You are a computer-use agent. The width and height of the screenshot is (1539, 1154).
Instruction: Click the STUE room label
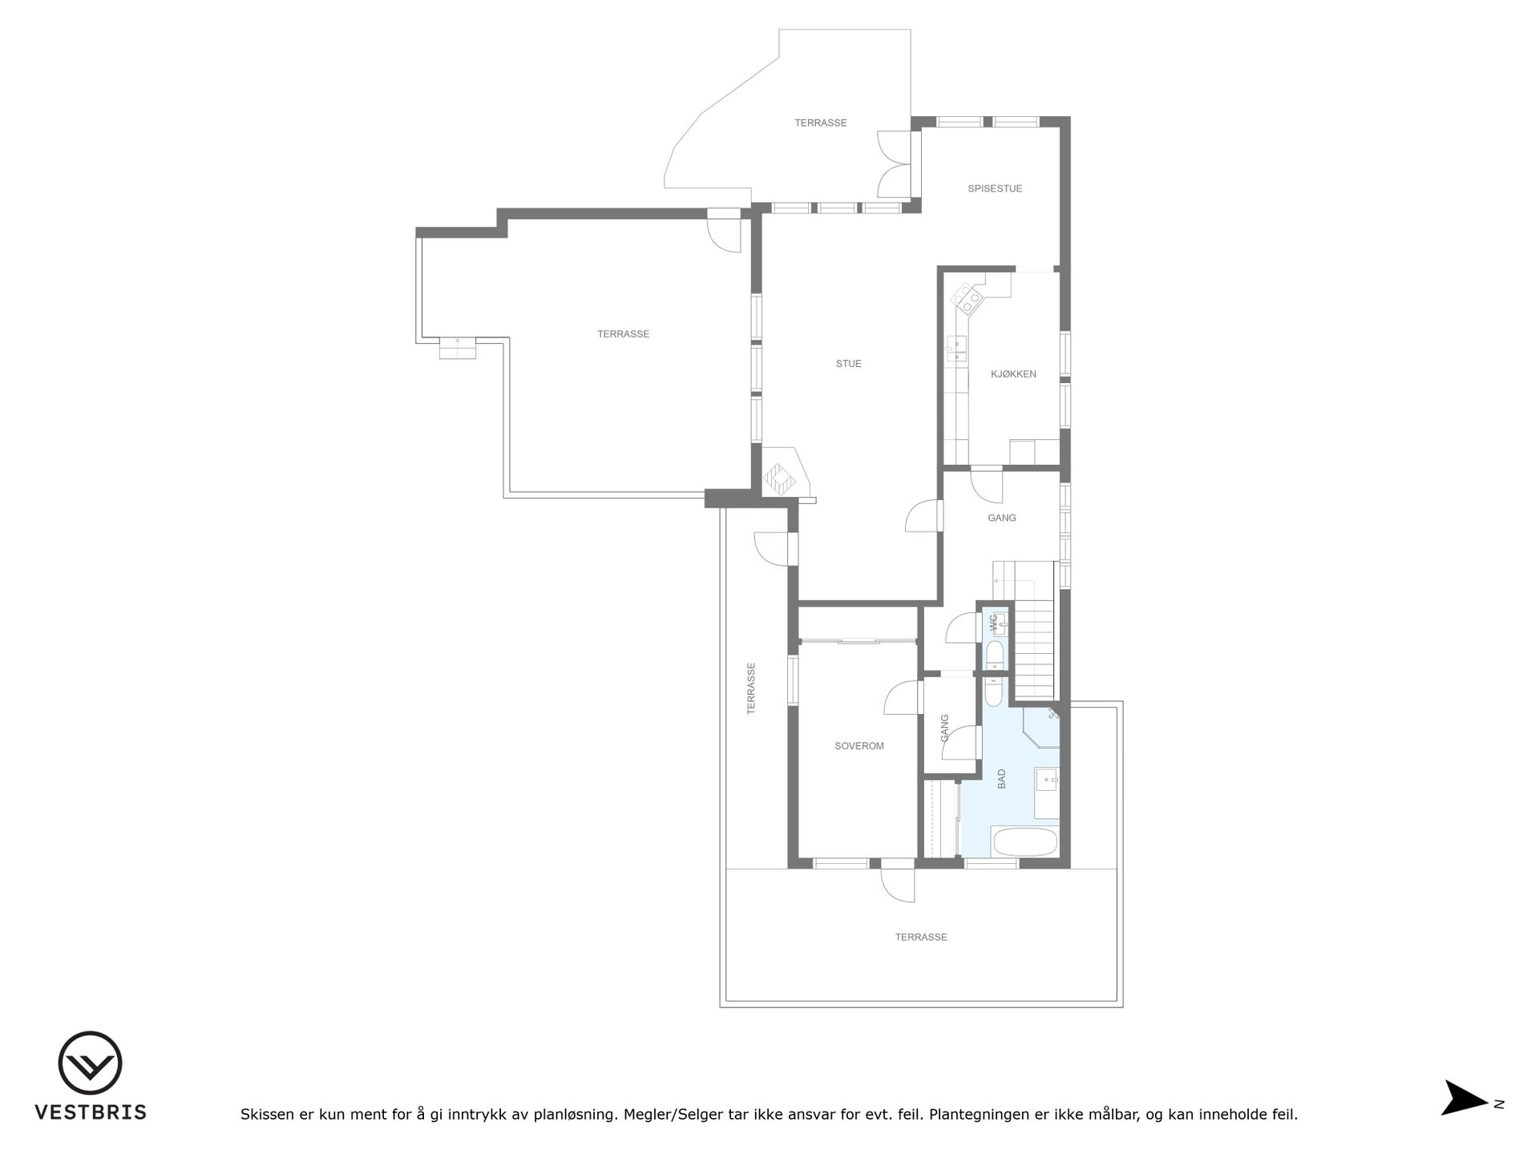pos(848,364)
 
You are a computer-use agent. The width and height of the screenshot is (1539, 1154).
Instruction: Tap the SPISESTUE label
pos(995,189)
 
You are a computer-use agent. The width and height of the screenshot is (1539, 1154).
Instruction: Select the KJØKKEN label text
pos(1013,374)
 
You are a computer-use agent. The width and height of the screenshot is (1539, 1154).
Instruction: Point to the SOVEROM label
pos(859,746)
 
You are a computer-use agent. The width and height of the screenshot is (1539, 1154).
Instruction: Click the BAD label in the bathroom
pos(1001,779)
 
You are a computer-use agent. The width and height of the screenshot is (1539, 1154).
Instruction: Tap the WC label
pos(993,621)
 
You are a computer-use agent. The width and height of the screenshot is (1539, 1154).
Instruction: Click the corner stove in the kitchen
pos(967,299)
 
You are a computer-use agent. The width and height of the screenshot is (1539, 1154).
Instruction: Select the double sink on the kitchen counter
pos(956,349)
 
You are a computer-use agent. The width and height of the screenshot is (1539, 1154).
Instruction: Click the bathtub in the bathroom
pos(1025,843)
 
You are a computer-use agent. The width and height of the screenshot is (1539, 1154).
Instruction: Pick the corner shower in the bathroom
pos(1042,726)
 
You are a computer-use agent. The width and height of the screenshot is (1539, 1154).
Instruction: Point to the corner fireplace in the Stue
pos(778,479)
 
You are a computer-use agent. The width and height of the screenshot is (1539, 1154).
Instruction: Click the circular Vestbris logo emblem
pos(90,1063)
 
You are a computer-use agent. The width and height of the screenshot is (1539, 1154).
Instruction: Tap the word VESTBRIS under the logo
pos(91,1112)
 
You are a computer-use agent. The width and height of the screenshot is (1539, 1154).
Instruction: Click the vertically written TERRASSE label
pos(751,688)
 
